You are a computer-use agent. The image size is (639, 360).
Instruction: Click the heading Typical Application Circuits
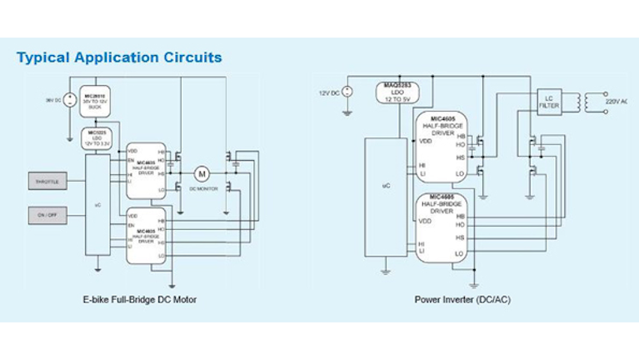[119, 57]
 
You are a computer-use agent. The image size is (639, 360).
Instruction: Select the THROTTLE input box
[48, 181]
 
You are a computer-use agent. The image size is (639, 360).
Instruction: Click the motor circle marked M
[200, 173]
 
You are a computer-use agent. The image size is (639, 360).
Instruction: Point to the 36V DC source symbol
[70, 100]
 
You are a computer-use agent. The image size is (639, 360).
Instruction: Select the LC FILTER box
[548, 102]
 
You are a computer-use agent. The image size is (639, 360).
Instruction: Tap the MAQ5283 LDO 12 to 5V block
[398, 92]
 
